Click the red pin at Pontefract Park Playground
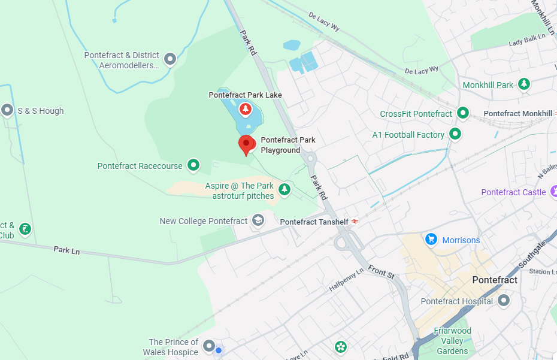click(246, 144)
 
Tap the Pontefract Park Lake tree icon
click(245, 109)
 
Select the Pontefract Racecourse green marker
click(193, 164)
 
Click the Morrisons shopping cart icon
click(431, 240)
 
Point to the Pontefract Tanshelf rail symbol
click(355, 222)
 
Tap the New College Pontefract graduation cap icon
click(258, 221)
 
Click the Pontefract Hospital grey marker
click(504, 300)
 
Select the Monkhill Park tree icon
click(524, 84)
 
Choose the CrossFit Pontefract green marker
click(462, 113)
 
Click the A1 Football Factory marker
click(455, 134)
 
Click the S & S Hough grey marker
click(8, 110)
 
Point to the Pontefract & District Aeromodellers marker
click(170, 59)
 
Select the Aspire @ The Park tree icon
click(284, 190)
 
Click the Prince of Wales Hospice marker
click(209, 346)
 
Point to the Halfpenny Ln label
click(346, 280)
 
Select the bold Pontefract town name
click(495, 280)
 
